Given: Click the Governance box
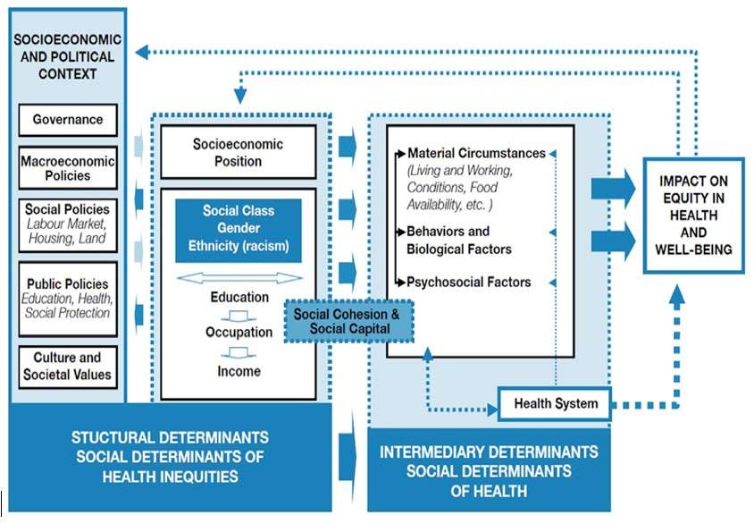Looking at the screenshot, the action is coord(68,120).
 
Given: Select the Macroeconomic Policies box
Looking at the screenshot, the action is coord(68,168).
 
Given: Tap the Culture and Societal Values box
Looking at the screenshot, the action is coord(68,367).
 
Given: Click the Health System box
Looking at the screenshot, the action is coord(555,403).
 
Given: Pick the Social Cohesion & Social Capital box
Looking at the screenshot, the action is coord(349,321).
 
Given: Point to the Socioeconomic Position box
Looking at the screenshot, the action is coord(238,152).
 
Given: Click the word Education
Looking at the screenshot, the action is coord(239,297).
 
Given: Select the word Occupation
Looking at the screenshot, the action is coord(239,332).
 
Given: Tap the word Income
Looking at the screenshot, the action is coord(239,371).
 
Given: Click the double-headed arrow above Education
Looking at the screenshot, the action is coord(239,278).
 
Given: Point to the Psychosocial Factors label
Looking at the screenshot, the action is coord(469,282).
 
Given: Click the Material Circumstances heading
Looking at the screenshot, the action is coord(476,153).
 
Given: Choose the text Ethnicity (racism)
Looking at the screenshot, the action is coord(239,246).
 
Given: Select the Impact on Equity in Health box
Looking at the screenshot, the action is coord(693,216).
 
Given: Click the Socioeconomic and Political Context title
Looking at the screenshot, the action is coord(67,56).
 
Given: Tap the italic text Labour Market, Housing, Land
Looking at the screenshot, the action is coord(67,231).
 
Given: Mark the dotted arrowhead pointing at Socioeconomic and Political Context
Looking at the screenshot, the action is coord(142,52).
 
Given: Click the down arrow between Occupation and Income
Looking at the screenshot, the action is coord(239,353).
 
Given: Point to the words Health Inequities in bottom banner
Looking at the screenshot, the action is coord(171,477).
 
